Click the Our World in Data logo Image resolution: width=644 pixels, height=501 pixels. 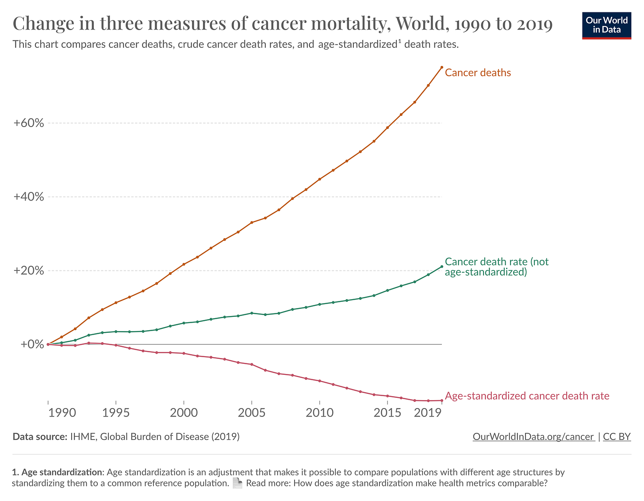(606, 26)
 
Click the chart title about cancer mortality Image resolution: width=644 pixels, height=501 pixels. (283, 23)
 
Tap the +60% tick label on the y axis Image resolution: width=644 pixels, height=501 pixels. (29, 123)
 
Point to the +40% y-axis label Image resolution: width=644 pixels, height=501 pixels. (29, 197)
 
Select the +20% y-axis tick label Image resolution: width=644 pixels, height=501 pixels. (29, 270)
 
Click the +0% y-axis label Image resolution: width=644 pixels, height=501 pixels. (32, 344)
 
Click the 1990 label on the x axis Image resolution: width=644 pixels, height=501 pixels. (62, 413)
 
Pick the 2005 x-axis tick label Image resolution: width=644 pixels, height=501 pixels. (251, 413)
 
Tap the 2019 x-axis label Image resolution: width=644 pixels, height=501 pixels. (427, 413)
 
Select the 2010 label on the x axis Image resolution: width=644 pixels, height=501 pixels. (319, 413)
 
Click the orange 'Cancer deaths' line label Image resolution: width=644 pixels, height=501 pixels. (478, 73)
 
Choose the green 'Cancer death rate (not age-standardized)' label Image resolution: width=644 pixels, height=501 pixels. (496, 267)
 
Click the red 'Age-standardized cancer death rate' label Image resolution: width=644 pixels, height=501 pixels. (527, 396)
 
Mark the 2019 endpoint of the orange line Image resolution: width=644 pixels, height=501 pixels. (442, 67)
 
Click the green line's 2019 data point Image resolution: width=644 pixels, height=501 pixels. (442, 266)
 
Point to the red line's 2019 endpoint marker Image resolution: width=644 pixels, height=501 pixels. (442, 401)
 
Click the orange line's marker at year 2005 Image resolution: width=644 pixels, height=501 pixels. (252, 223)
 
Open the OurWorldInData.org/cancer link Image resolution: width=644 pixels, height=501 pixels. (533, 437)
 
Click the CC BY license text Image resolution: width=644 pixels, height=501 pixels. (617, 437)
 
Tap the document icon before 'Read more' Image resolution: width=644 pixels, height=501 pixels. (238, 483)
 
